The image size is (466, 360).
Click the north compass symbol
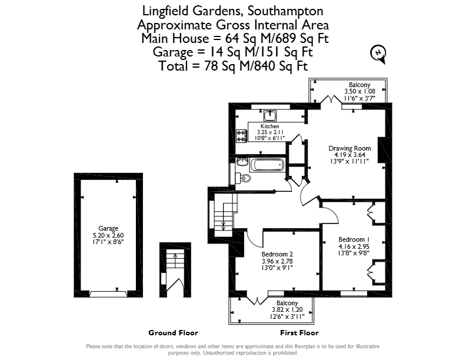[x=378, y=54]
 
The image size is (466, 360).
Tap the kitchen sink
[x=270, y=115]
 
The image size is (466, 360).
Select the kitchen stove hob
[x=241, y=136]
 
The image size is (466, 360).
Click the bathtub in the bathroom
[x=268, y=165]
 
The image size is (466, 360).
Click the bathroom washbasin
[x=242, y=162]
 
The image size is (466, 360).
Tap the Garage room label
[x=108, y=228]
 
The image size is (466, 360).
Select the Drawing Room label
[x=349, y=148]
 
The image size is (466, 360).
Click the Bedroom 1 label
[x=354, y=239]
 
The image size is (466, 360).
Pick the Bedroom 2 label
[x=277, y=254]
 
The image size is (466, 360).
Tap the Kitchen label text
[x=270, y=126]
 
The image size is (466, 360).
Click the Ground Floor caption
[x=173, y=333]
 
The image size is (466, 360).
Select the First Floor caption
[x=299, y=333]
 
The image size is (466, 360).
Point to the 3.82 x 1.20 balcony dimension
[x=287, y=309]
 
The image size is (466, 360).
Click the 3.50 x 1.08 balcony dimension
[x=360, y=92]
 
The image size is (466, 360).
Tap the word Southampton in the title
[x=285, y=11]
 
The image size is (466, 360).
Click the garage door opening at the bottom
[x=108, y=294]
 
